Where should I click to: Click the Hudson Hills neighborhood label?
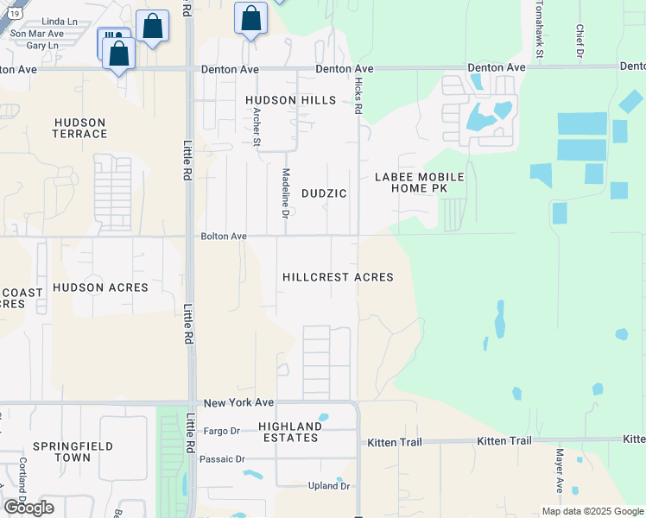click(290, 100)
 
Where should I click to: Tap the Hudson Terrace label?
click(80, 128)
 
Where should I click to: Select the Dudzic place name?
click(324, 193)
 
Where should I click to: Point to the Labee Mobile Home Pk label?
click(419, 182)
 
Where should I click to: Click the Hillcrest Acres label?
click(338, 277)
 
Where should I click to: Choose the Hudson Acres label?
click(100, 287)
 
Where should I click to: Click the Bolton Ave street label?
click(224, 236)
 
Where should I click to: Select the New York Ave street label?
click(238, 403)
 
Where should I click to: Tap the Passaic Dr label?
click(223, 458)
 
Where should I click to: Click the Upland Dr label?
click(328, 486)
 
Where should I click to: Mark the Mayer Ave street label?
click(560, 471)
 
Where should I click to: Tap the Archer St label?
click(256, 132)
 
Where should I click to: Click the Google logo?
click(28, 508)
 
